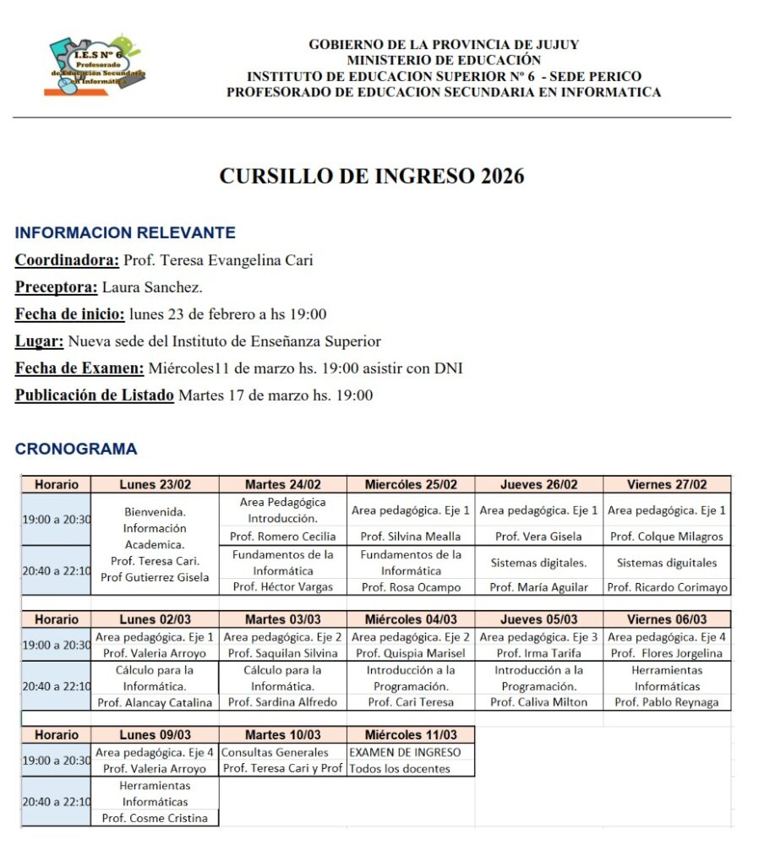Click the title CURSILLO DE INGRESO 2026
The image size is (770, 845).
372,176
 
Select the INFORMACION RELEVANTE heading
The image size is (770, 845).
125,233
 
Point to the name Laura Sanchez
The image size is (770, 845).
152,287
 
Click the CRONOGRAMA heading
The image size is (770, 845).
76,450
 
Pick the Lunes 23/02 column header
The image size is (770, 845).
156,484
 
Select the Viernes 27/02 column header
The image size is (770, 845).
667,484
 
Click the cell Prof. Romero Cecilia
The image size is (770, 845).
283,537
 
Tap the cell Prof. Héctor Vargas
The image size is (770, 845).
283,587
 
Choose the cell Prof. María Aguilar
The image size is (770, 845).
538,587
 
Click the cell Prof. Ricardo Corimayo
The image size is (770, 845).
667,587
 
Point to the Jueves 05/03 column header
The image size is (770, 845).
538,619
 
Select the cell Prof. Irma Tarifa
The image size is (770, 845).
538,653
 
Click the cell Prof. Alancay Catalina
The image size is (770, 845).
156,702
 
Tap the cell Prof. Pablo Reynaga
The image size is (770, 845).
667,702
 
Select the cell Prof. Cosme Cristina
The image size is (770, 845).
156,818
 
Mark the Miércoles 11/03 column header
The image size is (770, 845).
411,735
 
